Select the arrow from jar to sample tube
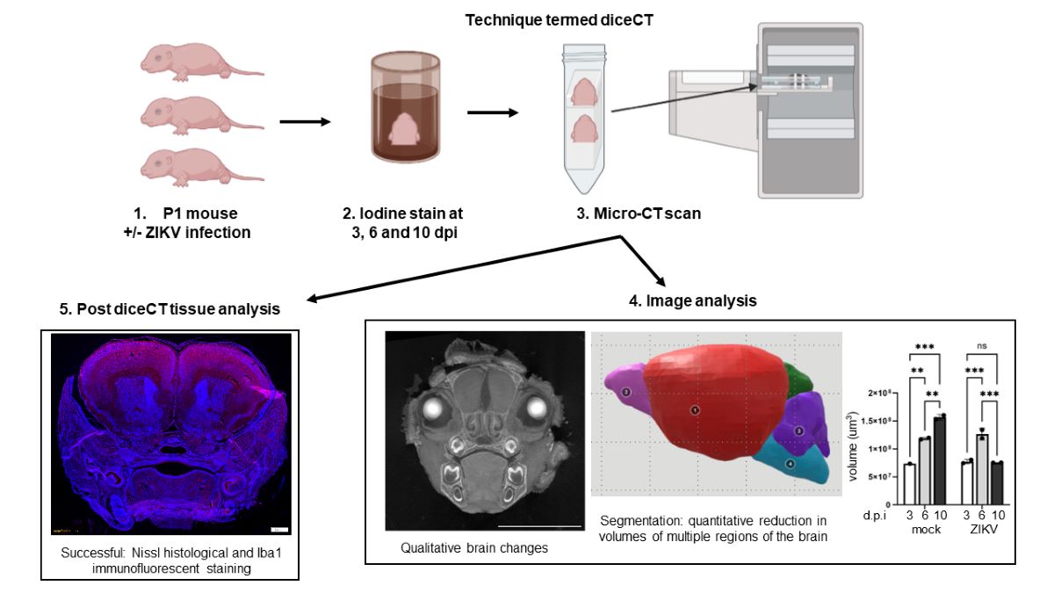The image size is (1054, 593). pos(493,112)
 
